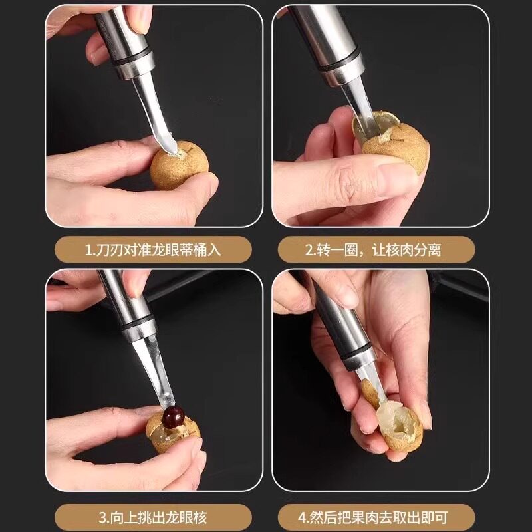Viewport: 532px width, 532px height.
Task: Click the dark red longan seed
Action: [x=173, y=418]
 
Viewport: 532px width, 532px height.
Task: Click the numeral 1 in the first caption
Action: [x=88, y=250]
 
